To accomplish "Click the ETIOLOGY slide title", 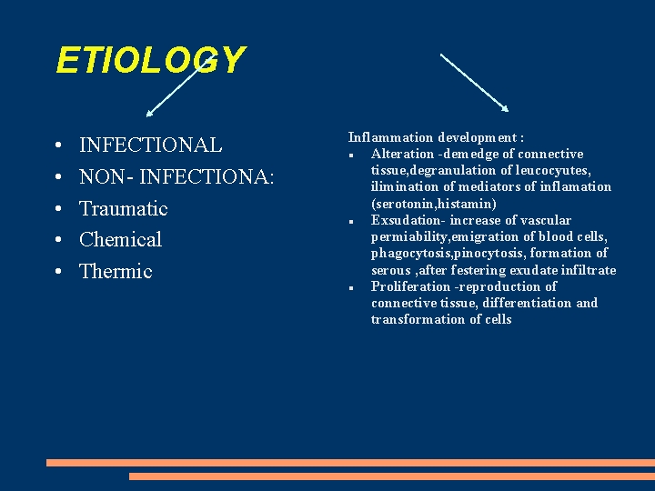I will pos(150,61).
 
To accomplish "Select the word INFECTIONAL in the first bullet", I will pos(150,145).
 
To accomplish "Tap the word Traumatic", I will pos(123,208).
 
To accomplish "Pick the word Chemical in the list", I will pos(120,240).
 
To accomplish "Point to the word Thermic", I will pos(116,271).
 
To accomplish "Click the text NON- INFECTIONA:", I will pos(176,176).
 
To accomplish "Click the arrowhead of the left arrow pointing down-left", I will pos(150,114).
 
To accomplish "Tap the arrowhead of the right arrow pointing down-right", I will pos(504,107).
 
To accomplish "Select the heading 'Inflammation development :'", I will pos(436,137).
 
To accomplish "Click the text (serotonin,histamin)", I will pos(433,204).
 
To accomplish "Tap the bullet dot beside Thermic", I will pos(57,272).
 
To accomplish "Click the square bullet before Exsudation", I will pos(350,222).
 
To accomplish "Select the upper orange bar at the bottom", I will pos(350,462).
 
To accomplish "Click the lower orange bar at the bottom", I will pos(391,476).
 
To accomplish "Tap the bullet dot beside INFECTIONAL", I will pos(57,146).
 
